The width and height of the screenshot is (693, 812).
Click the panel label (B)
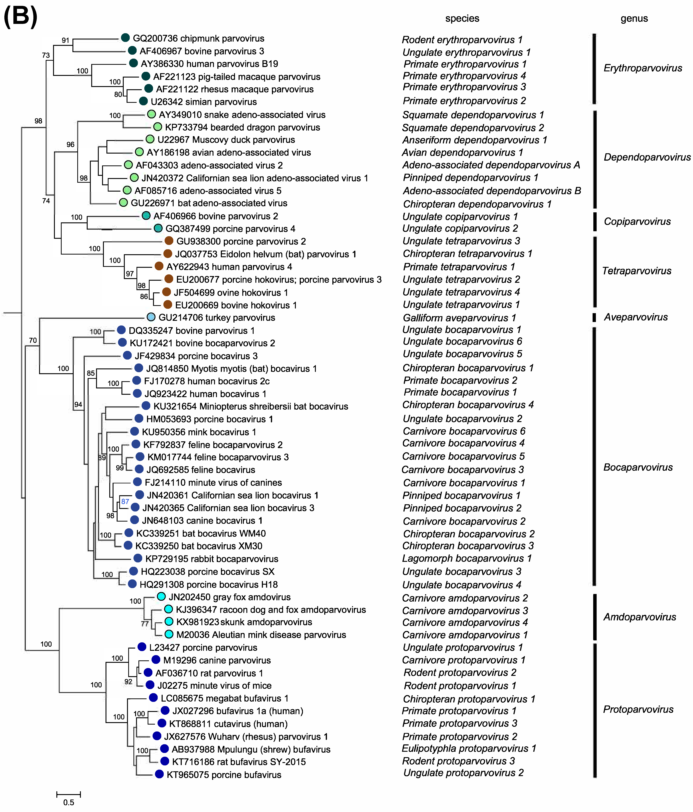[20, 17]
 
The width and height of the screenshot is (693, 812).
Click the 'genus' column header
[634, 18]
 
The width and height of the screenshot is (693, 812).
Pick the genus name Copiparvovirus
[637, 221]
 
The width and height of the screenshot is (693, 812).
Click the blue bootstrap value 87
[125, 501]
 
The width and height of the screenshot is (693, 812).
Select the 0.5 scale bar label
[69, 802]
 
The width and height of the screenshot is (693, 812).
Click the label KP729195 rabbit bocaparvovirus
[212, 559]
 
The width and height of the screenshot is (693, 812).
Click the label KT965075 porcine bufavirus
[224, 775]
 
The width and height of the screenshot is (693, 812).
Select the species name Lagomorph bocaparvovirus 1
[467, 559]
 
